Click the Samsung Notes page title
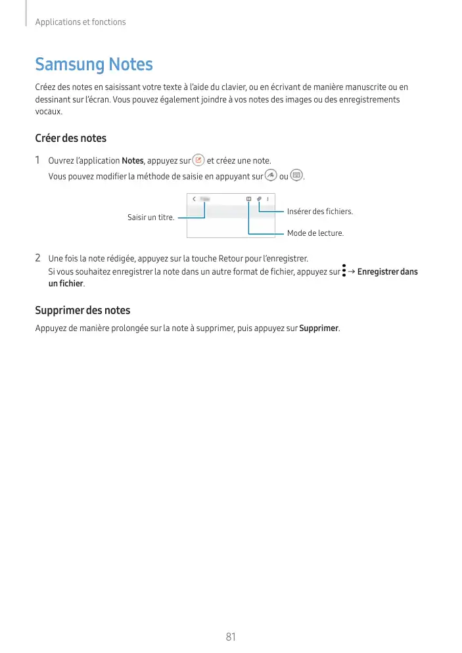pos(94,64)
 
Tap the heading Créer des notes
pos(70,138)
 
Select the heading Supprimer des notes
pos(82,310)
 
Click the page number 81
pos(231,637)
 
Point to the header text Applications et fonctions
pos(80,22)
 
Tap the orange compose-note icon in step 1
pos(198,160)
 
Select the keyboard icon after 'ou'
pos(296,175)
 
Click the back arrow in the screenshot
pos(194,198)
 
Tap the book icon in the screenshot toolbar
pos(249,198)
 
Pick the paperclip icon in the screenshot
pos(260,198)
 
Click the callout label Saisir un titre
pos(150,217)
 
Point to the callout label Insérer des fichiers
pos(320,211)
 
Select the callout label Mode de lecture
pos(315,233)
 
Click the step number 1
pos(38,160)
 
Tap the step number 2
pos(38,258)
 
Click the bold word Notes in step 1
pos(133,161)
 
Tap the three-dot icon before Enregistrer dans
pos(344,271)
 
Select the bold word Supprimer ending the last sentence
pos(319,328)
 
